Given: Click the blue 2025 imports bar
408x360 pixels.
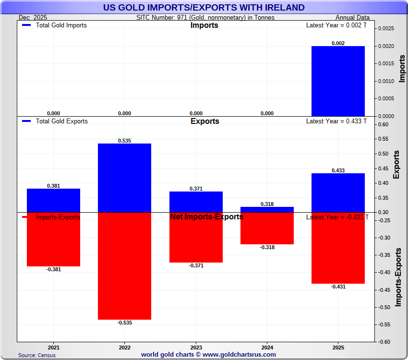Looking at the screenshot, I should click(x=338, y=81).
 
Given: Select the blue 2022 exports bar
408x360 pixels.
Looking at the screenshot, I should click(x=124, y=178).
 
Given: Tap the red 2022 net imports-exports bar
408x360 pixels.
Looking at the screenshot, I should click(x=124, y=266).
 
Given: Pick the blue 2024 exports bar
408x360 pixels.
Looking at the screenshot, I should click(x=267, y=209).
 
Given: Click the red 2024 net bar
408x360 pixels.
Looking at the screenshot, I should click(x=267, y=228).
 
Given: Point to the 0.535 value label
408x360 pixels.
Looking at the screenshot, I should click(x=124, y=141).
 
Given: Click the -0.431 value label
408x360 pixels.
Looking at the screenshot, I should click(x=338, y=287).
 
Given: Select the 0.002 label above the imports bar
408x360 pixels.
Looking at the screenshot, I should click(x=338, y=43).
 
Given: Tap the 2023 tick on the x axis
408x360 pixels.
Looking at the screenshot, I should click(x=196, y=347).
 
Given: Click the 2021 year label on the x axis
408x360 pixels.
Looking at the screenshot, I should click(x=53, y=347).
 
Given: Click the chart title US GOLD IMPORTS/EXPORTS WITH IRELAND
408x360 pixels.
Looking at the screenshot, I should click(x=204, y=7).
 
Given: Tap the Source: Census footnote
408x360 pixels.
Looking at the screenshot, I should click(x=37, y=355).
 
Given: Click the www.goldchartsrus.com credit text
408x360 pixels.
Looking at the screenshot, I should click(x=208, y=355).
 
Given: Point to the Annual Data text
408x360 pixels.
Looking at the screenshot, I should click(x=352, y=17).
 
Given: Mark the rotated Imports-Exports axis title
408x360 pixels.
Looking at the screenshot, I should click(x=398, y=277).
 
